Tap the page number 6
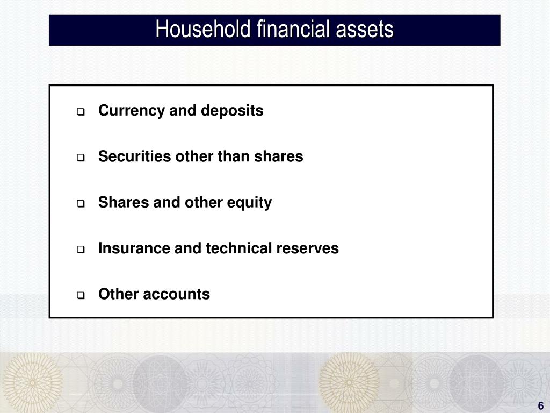[x=541, y=405]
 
